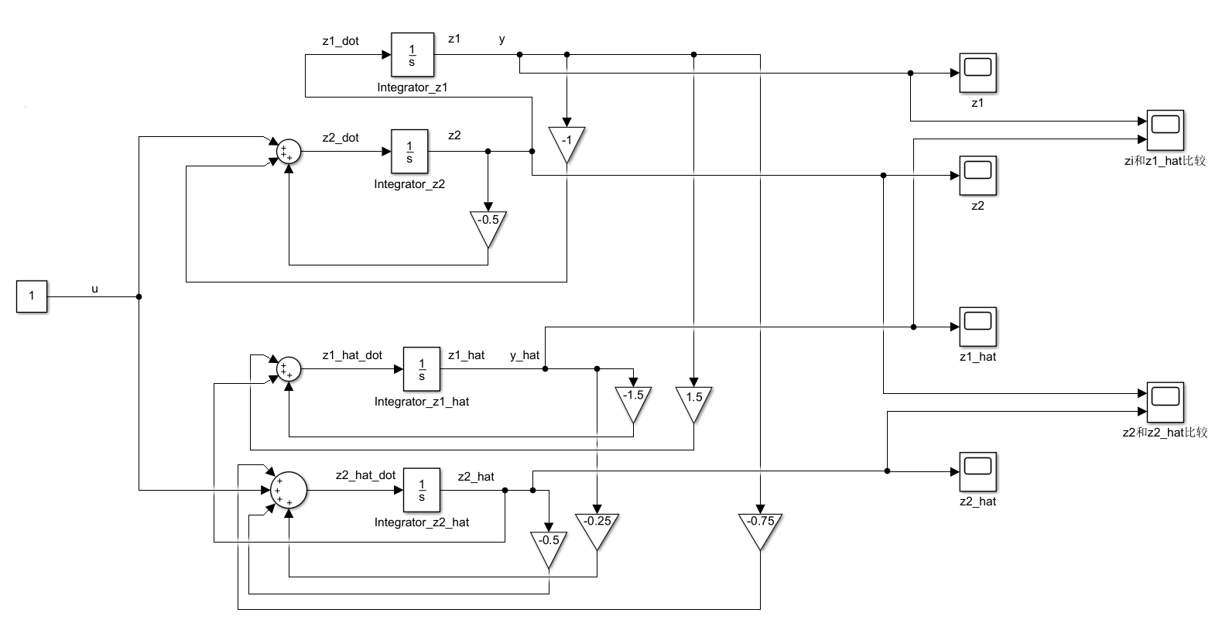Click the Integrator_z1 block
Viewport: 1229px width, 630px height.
click(412, 55)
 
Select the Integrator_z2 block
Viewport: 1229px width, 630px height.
click(409, 152)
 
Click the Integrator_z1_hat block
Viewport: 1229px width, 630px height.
click(422, 369)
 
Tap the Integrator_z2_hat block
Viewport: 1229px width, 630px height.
click(422, 490)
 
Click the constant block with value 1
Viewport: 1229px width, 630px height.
click(32, 296)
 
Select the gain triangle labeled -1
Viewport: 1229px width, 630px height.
click(567, 142)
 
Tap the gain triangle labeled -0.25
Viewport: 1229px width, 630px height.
click(597, 527)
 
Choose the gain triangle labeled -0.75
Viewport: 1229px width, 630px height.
click(760, 527)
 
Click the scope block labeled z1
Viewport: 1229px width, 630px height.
click(977, 73)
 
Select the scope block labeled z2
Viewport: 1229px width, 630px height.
click(977, 176)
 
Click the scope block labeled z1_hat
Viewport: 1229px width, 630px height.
click(977, 327)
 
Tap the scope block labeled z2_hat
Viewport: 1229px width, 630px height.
click(977, 471)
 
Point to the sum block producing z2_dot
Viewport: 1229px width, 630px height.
click(288, 152)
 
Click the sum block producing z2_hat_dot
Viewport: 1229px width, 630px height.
click(289, 490)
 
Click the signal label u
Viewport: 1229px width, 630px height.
click(95, 289)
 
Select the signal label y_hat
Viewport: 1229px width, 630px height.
click(525, 355)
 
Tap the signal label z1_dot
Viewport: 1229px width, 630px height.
click(341, 41)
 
